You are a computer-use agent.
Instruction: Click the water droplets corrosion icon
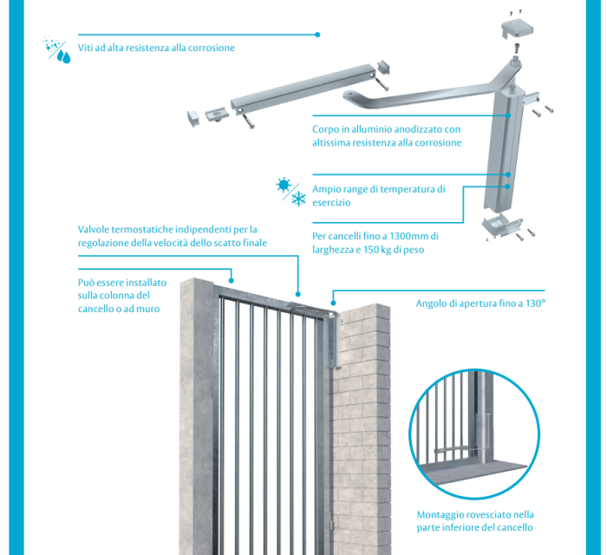pos(58,49)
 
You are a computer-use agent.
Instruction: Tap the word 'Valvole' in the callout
pos(96,229)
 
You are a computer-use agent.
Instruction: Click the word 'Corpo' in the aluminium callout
pos(327,129)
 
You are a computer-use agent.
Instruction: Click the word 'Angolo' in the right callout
pos(432,304)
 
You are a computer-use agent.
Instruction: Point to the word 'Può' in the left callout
pos(87,283)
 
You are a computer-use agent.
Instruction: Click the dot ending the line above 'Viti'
pos(318,35)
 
